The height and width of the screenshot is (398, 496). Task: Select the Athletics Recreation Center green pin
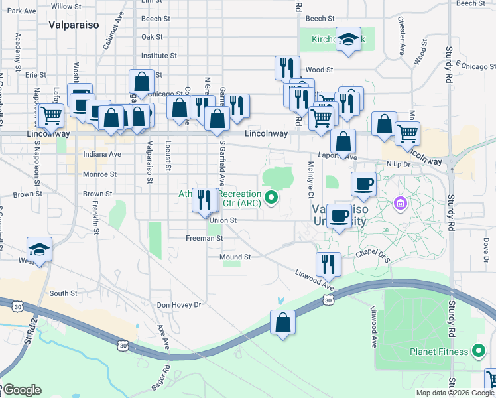(271, 197)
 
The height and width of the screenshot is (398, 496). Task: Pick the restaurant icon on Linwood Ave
(328, 263)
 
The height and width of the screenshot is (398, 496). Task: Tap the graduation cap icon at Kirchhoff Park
(348, 40)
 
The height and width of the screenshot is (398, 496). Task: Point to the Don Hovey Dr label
(178, 305)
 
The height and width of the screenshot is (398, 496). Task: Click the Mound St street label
(239, 257)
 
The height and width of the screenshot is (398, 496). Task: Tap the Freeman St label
(204, 237)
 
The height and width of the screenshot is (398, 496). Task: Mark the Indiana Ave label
(102, 154)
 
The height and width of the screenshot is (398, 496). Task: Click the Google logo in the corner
(23, 390)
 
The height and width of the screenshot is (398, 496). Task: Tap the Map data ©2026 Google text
(455, 393)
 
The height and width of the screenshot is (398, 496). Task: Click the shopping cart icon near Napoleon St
(50, 115)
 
